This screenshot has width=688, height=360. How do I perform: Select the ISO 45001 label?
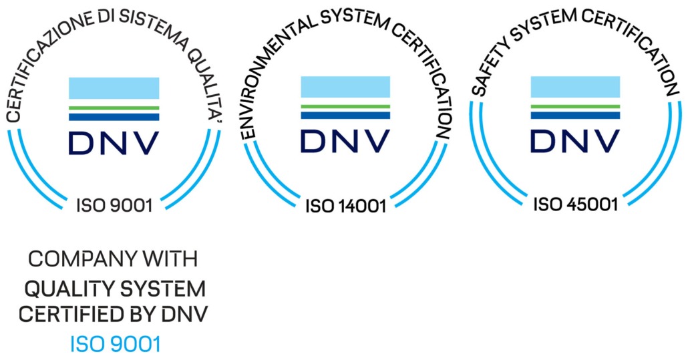click(x=575, y=204)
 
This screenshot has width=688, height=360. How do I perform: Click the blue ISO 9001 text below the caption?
click(x=116, y=345)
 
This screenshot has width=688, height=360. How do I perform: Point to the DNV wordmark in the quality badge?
click(x=114, y=142)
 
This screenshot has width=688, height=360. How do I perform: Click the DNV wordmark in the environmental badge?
click(x=345, y=141)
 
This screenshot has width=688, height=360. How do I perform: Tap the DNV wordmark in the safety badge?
click(x=575, y=141)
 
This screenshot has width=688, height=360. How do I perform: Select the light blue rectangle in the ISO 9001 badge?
click(x=114, y=88)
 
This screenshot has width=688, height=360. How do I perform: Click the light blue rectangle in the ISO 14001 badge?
click(x=345, y=87)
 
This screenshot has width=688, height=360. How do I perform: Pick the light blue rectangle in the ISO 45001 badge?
click(x=575, y=87)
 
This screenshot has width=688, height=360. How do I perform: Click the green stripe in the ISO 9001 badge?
click(x=114, y=107)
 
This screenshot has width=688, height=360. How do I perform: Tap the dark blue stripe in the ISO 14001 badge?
click(x=345, y=115)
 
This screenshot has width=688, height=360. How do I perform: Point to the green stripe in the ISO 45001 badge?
click(x=575, y=106)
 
